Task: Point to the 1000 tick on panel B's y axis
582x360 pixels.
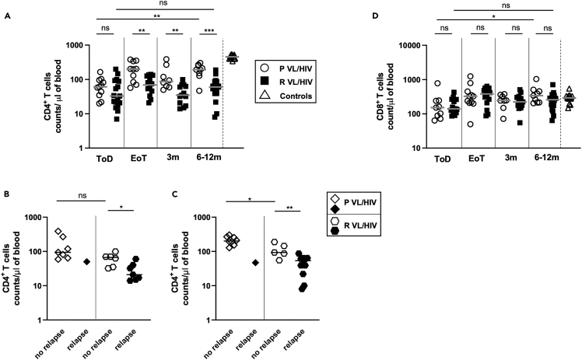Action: click(x=42, y=217)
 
